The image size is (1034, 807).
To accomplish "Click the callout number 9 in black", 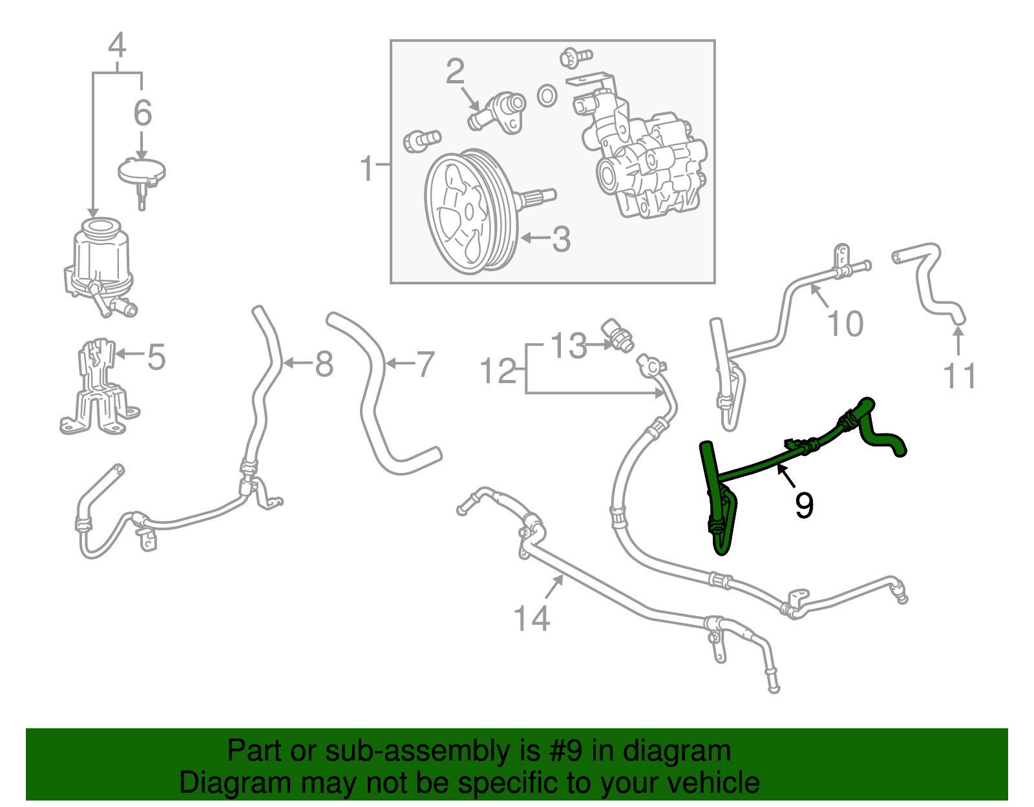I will [x=804, y=505].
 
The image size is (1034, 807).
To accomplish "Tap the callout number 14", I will [x=531, y=618].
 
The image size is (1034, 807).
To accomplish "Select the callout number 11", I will [x=960, y=376].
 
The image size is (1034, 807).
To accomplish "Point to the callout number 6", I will [x=142, y=113].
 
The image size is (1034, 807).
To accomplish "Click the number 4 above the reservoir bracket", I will [x=117, y=46].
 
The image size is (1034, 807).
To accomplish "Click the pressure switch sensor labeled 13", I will [x=619, y=334].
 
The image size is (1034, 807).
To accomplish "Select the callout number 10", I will [x=845, y=324].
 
